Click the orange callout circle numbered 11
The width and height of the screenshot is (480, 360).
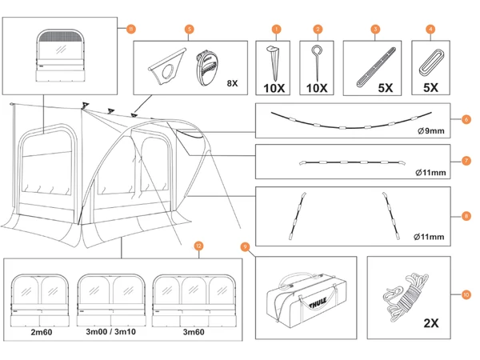[131, 29]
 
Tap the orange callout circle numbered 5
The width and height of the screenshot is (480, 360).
[189, 29]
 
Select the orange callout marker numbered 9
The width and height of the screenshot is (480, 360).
[245, 246]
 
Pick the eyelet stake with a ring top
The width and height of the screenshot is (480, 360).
[315, 59]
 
